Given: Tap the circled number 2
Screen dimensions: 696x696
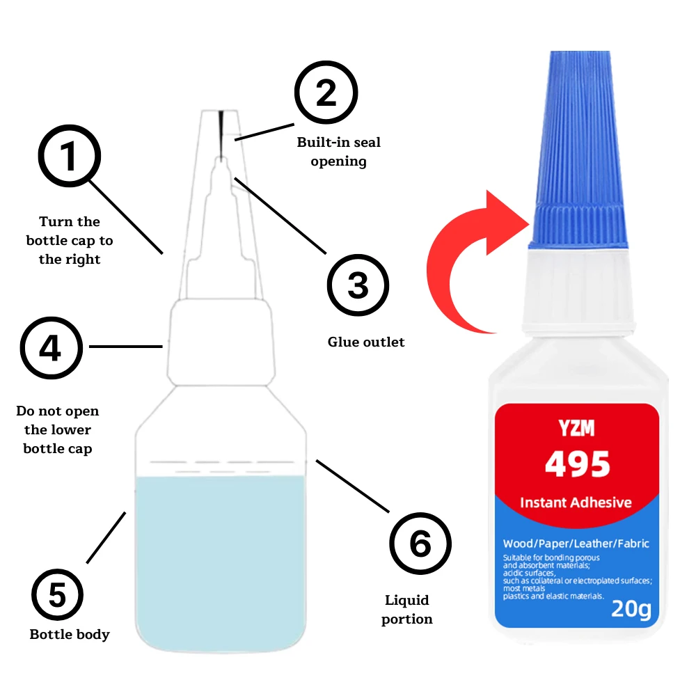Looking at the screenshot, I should [x=326, y=94].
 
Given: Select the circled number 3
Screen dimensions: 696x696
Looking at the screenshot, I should [x=358, y=285].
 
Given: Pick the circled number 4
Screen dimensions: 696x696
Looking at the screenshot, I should [x=51, y=348].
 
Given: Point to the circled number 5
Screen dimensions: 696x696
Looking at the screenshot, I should [x=57, y=595].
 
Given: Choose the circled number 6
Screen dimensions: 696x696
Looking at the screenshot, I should [x=420, y=544].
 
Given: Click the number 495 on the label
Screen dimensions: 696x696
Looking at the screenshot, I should [x=577, y=464].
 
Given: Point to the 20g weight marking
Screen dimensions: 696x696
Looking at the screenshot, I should [x=631, y=610].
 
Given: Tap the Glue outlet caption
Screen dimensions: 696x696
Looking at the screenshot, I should [x=366, y=342].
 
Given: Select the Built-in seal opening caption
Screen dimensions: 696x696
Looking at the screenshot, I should [x=339, y=152].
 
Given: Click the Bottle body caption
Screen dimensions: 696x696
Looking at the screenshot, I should [x=70, y=634].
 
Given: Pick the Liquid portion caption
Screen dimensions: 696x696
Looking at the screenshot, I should [x=407, y=609].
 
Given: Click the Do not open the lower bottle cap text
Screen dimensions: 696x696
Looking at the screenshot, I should [x=58, y=430].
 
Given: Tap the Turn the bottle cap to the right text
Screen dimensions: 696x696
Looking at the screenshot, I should [x=70, y=240].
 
